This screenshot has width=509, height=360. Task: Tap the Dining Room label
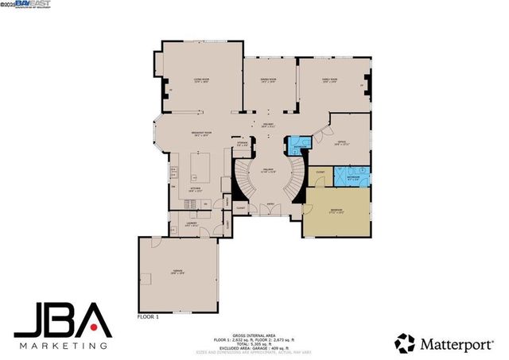tap(267, 80)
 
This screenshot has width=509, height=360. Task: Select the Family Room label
tap(329, 80)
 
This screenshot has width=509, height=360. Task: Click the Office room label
tap(340, 144)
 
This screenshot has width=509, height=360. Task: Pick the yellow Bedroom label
tap(337, 211)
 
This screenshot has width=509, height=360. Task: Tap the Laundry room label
tap(192, 224)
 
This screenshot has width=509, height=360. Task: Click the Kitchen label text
tap(195, 189)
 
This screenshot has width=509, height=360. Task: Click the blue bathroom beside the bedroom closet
tap(351, 176)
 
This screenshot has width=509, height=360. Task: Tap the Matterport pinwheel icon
tap(405, 343)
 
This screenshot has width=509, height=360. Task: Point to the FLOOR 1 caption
tap(147, 315)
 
